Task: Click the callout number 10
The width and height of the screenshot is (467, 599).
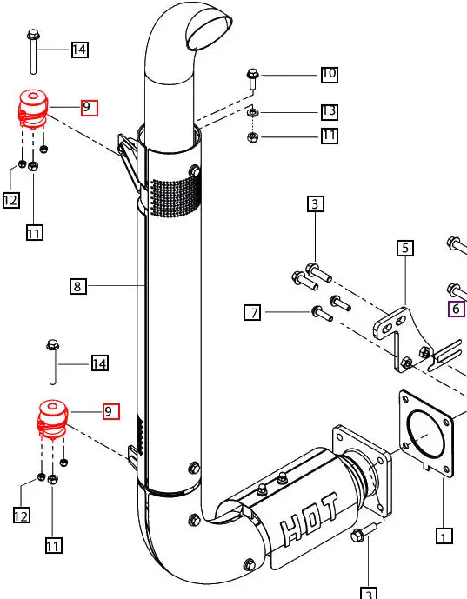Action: [x=329, y=74]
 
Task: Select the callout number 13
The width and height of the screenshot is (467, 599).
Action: [x=329, y=111]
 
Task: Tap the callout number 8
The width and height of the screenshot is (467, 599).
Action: [x=78, y=285]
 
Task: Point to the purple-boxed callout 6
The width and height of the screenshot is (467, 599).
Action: [x=457, y=309]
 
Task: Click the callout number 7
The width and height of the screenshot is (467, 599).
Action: [x=251, y=312]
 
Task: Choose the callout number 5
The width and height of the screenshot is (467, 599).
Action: [x=404, y=249]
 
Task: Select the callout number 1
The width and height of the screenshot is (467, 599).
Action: [x=444, y=536]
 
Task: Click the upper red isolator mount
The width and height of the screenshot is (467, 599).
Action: [x=33, y=109]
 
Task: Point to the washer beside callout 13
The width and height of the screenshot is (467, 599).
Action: [x=251, y=112]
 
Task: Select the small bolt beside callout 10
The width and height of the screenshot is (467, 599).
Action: [x=252, y=78]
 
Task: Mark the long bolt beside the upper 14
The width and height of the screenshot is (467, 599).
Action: [x=33, y=52]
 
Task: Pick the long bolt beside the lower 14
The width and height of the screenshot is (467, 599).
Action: [x=52, y=361]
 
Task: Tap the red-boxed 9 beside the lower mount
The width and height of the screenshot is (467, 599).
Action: [x=110, y=411]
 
